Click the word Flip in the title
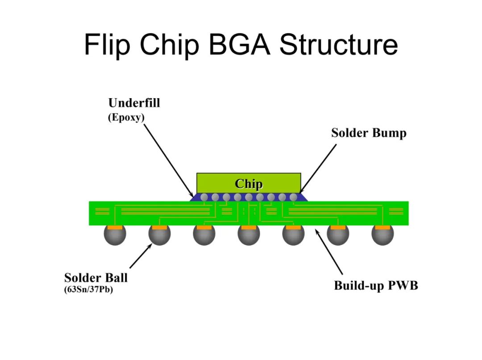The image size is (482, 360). click(107, 45)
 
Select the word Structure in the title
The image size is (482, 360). click(338, 45)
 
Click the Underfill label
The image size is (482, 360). click(134, 103)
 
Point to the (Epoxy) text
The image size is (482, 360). click(126, 117)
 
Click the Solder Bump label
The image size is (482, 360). click(369, 132)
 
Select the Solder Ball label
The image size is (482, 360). click(96, 277)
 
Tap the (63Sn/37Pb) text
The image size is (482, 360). click(88, 290)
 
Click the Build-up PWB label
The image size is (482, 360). click(376, 286)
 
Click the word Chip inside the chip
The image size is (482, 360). click(249, 184)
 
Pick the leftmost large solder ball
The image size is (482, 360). click(115, 235)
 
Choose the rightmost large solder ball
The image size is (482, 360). click(382, 235)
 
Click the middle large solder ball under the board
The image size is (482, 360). click(249, 235)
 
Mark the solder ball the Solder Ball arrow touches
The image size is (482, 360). click(159, 235)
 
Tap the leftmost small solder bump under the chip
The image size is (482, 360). click(204, 197)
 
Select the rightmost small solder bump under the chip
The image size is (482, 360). click(293, 197)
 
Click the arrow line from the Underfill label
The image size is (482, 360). click(169, 161)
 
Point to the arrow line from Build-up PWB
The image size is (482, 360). click(329, 252)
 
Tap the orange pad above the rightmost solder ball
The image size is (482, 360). click(382, 228)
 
